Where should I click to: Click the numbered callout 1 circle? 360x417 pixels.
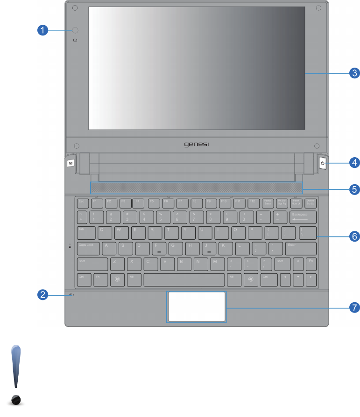click(x=42, y=30)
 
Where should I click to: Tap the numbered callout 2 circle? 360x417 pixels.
click(x=42, y=294)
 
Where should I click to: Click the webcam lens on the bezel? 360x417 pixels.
click(x=76, y=30)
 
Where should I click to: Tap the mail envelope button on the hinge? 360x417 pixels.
click(x=70, y=163)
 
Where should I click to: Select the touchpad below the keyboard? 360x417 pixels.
click(x=197, y=307)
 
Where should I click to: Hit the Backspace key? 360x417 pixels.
click(x=303, y=217)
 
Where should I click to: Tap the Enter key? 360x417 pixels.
click(x=301, y=248)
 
